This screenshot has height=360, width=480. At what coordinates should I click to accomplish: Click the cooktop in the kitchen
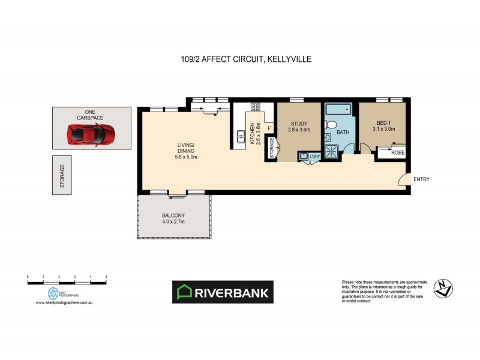(x=254, y=108)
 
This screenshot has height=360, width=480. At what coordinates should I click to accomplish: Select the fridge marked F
(x=270, y=128)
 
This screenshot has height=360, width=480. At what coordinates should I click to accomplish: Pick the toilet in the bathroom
(x=330, y=124)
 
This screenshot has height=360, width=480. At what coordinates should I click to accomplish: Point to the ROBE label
(x=397, y=153)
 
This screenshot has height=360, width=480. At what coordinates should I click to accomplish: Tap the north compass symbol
(x=444, y=289)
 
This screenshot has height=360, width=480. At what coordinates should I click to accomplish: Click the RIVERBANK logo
(x=223, y=292)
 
